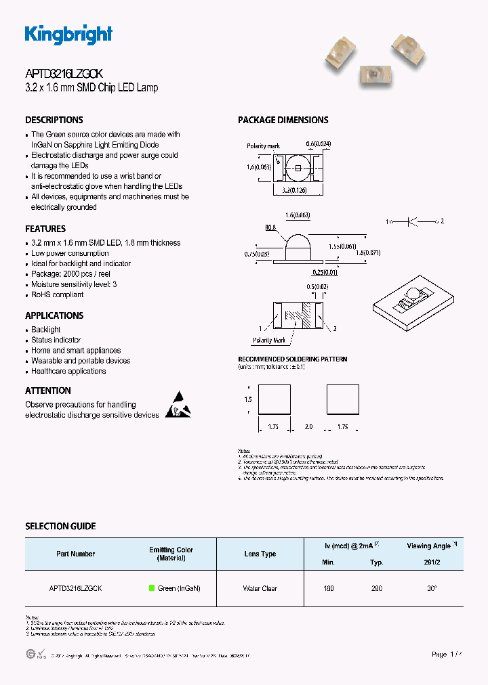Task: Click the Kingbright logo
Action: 68,35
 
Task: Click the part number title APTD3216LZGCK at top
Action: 64,75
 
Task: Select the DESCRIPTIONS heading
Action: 54,120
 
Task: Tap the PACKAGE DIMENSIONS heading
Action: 283,120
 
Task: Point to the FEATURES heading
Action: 45,229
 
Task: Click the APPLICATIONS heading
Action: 54,315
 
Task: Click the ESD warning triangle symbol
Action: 178,404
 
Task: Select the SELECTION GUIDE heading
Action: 60,526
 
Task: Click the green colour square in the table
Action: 152,588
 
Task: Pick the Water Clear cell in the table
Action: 260,588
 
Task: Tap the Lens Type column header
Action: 260,554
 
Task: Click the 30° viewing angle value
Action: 431,588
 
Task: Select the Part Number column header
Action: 76,554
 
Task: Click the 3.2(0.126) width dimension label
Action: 296,191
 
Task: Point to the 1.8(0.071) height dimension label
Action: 369,253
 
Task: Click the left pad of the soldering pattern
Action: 274,399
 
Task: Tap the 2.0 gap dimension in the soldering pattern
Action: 308,427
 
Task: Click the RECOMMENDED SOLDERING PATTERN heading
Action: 292,359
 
